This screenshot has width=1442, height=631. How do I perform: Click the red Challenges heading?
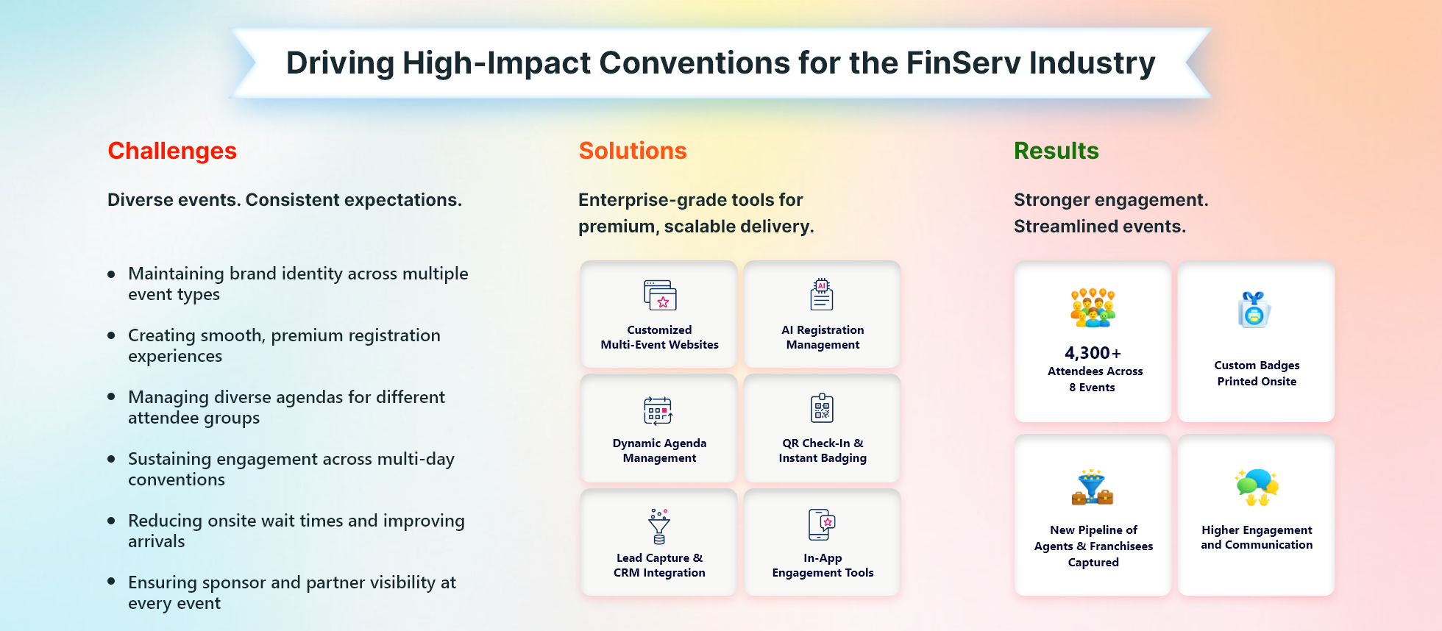172,151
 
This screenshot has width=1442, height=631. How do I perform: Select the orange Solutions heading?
633,151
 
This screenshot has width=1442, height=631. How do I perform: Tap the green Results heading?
1056,151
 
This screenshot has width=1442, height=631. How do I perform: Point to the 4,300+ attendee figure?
1093,353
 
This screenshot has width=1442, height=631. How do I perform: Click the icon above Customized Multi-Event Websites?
660,295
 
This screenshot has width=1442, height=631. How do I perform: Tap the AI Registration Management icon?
822,294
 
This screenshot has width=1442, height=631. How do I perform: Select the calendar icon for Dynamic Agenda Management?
658,410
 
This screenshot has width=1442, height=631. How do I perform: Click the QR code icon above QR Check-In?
822,408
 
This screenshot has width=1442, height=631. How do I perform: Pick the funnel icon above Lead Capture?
659,526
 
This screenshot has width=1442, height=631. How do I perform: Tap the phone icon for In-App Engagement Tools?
822,524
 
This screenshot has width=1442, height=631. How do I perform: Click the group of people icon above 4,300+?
1093,307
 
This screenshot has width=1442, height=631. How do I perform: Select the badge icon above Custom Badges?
1254,310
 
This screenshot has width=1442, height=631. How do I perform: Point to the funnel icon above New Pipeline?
1093,487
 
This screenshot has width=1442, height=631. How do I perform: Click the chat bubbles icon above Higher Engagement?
1257,487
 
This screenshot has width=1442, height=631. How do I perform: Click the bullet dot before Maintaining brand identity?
111,274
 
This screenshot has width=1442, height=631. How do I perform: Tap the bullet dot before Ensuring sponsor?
111,581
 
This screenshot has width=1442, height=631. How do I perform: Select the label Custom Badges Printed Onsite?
1257,374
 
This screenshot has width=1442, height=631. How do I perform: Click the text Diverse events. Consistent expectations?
285,200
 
